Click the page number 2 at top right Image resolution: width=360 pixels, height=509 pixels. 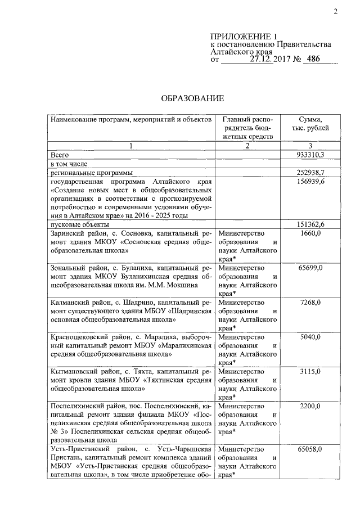[335, 12]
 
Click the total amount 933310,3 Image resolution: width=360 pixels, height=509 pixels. [310, 154]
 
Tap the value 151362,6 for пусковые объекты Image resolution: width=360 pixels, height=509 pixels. [310, 224]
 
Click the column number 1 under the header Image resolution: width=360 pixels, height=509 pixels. [131, 146]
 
